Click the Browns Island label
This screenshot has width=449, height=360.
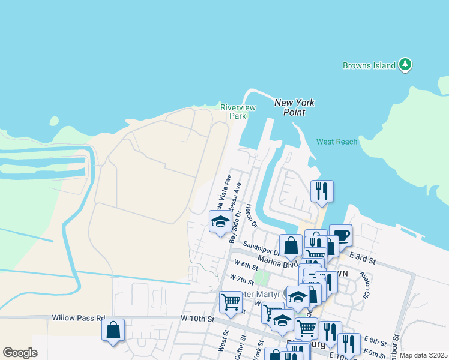(x=369, y=65)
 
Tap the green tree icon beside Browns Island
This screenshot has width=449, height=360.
(x=405, y=65)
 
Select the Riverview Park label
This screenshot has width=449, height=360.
(x=238, y=112)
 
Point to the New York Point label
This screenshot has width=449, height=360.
(x=294, y=107)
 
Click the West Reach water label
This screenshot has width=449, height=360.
(x=337, y=142)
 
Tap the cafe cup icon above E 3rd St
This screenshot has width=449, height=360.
(x=340, y=235)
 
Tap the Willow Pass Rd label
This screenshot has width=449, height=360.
(x=79, y=318)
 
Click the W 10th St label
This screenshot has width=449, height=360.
(x=197, y=319)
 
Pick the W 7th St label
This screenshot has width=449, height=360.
(x=242, y=279)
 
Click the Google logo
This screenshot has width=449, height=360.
(x=20, y=353)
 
